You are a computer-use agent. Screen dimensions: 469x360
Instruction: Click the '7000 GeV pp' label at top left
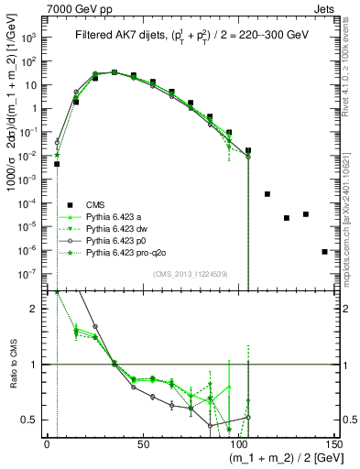pos(72,6)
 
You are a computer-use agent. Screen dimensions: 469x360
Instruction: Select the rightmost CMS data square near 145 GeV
pos(325,251)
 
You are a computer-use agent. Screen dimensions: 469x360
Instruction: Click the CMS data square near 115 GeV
pos(267,194)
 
